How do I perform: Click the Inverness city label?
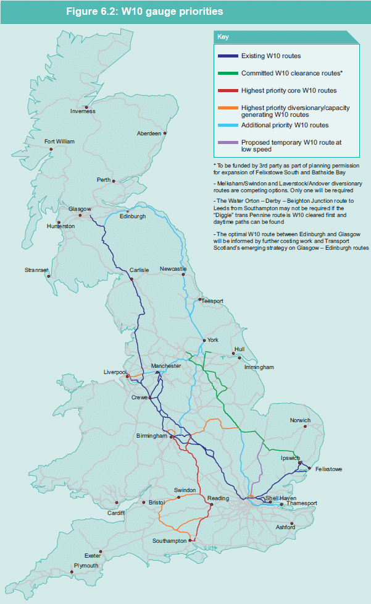pos(83,111)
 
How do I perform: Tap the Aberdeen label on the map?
pos(149,133)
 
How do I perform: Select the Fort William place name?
pos(59,142)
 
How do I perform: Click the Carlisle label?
pos(140,270)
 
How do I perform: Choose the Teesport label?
pos(212,301)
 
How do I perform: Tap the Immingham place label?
pos(259,367)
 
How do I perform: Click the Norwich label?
pos(300,420)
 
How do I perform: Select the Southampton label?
pos(169,541)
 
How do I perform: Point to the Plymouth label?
pos(86,566)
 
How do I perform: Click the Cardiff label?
pos(115,513)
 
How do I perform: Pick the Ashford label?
pos(285,527)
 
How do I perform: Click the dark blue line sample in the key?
pos(227,56)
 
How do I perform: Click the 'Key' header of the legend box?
pos(223,36)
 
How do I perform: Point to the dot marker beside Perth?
pos(114,181)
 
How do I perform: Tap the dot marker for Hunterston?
pos(59,221)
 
